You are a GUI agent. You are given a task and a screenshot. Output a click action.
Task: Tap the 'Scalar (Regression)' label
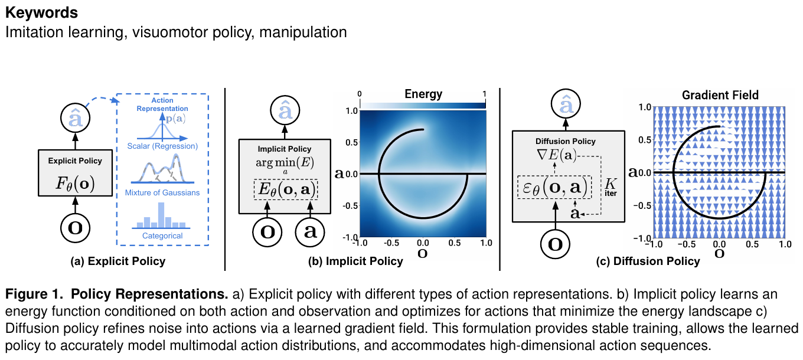162,146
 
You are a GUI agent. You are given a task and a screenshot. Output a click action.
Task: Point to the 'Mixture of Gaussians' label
162,192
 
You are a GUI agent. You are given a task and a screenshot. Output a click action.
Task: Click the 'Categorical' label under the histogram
162,235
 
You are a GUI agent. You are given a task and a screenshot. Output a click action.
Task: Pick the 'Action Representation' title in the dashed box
162,104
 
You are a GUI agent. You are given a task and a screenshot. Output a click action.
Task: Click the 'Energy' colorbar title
423,94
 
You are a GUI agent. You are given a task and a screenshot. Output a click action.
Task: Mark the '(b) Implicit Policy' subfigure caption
355,261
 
